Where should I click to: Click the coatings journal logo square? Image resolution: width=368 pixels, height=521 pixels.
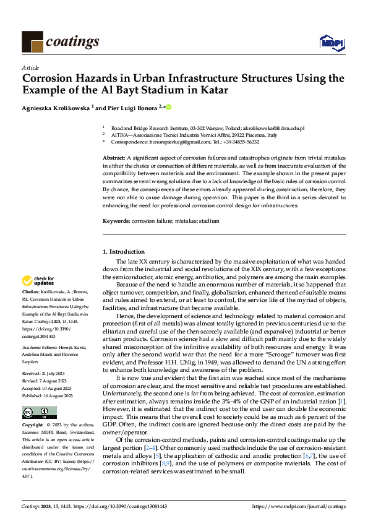pos(32,41)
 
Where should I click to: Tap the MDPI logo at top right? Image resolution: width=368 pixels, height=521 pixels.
pos(332,42)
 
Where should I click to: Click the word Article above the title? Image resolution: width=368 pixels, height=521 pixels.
pos(30,67)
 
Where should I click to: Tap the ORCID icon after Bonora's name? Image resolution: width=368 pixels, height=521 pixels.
pos(168,107)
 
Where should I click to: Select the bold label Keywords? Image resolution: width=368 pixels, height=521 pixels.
pos(116,220)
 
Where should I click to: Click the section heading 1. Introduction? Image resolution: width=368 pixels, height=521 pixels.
pos(124,252)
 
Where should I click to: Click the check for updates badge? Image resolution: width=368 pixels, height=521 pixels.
pos(38,281)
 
